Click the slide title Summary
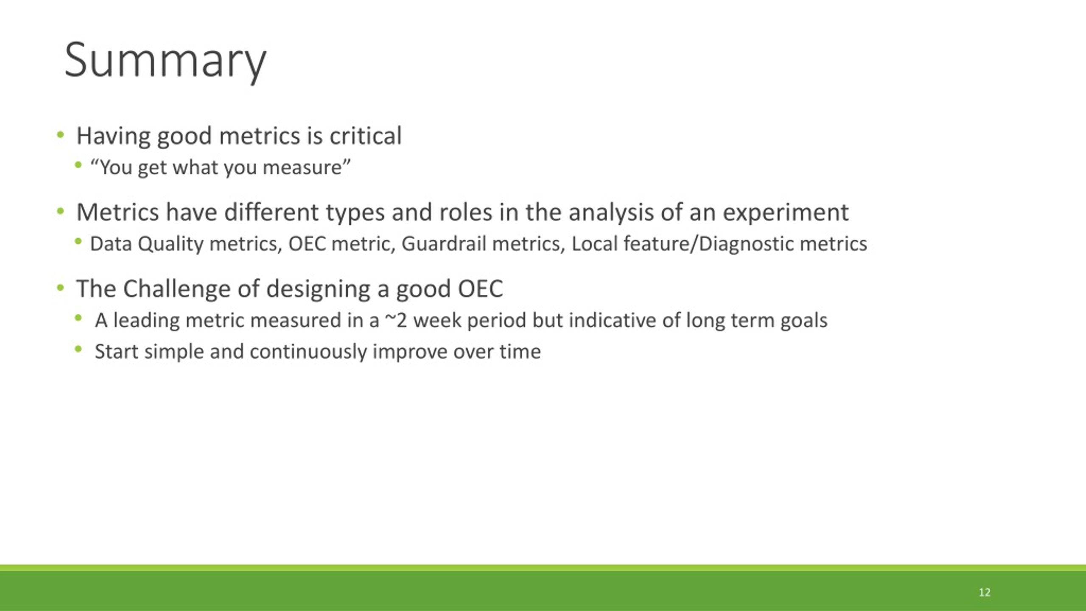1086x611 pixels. [165, 61]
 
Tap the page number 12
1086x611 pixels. [985, 592]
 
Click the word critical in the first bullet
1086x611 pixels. [365, 136]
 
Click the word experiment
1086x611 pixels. [786, 213]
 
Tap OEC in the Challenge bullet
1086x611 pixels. [480, 289]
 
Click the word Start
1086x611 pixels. [116, 352]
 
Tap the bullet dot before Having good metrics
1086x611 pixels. [60, 135]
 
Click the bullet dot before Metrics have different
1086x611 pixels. [60, 211]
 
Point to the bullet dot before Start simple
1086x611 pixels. [78, 349]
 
